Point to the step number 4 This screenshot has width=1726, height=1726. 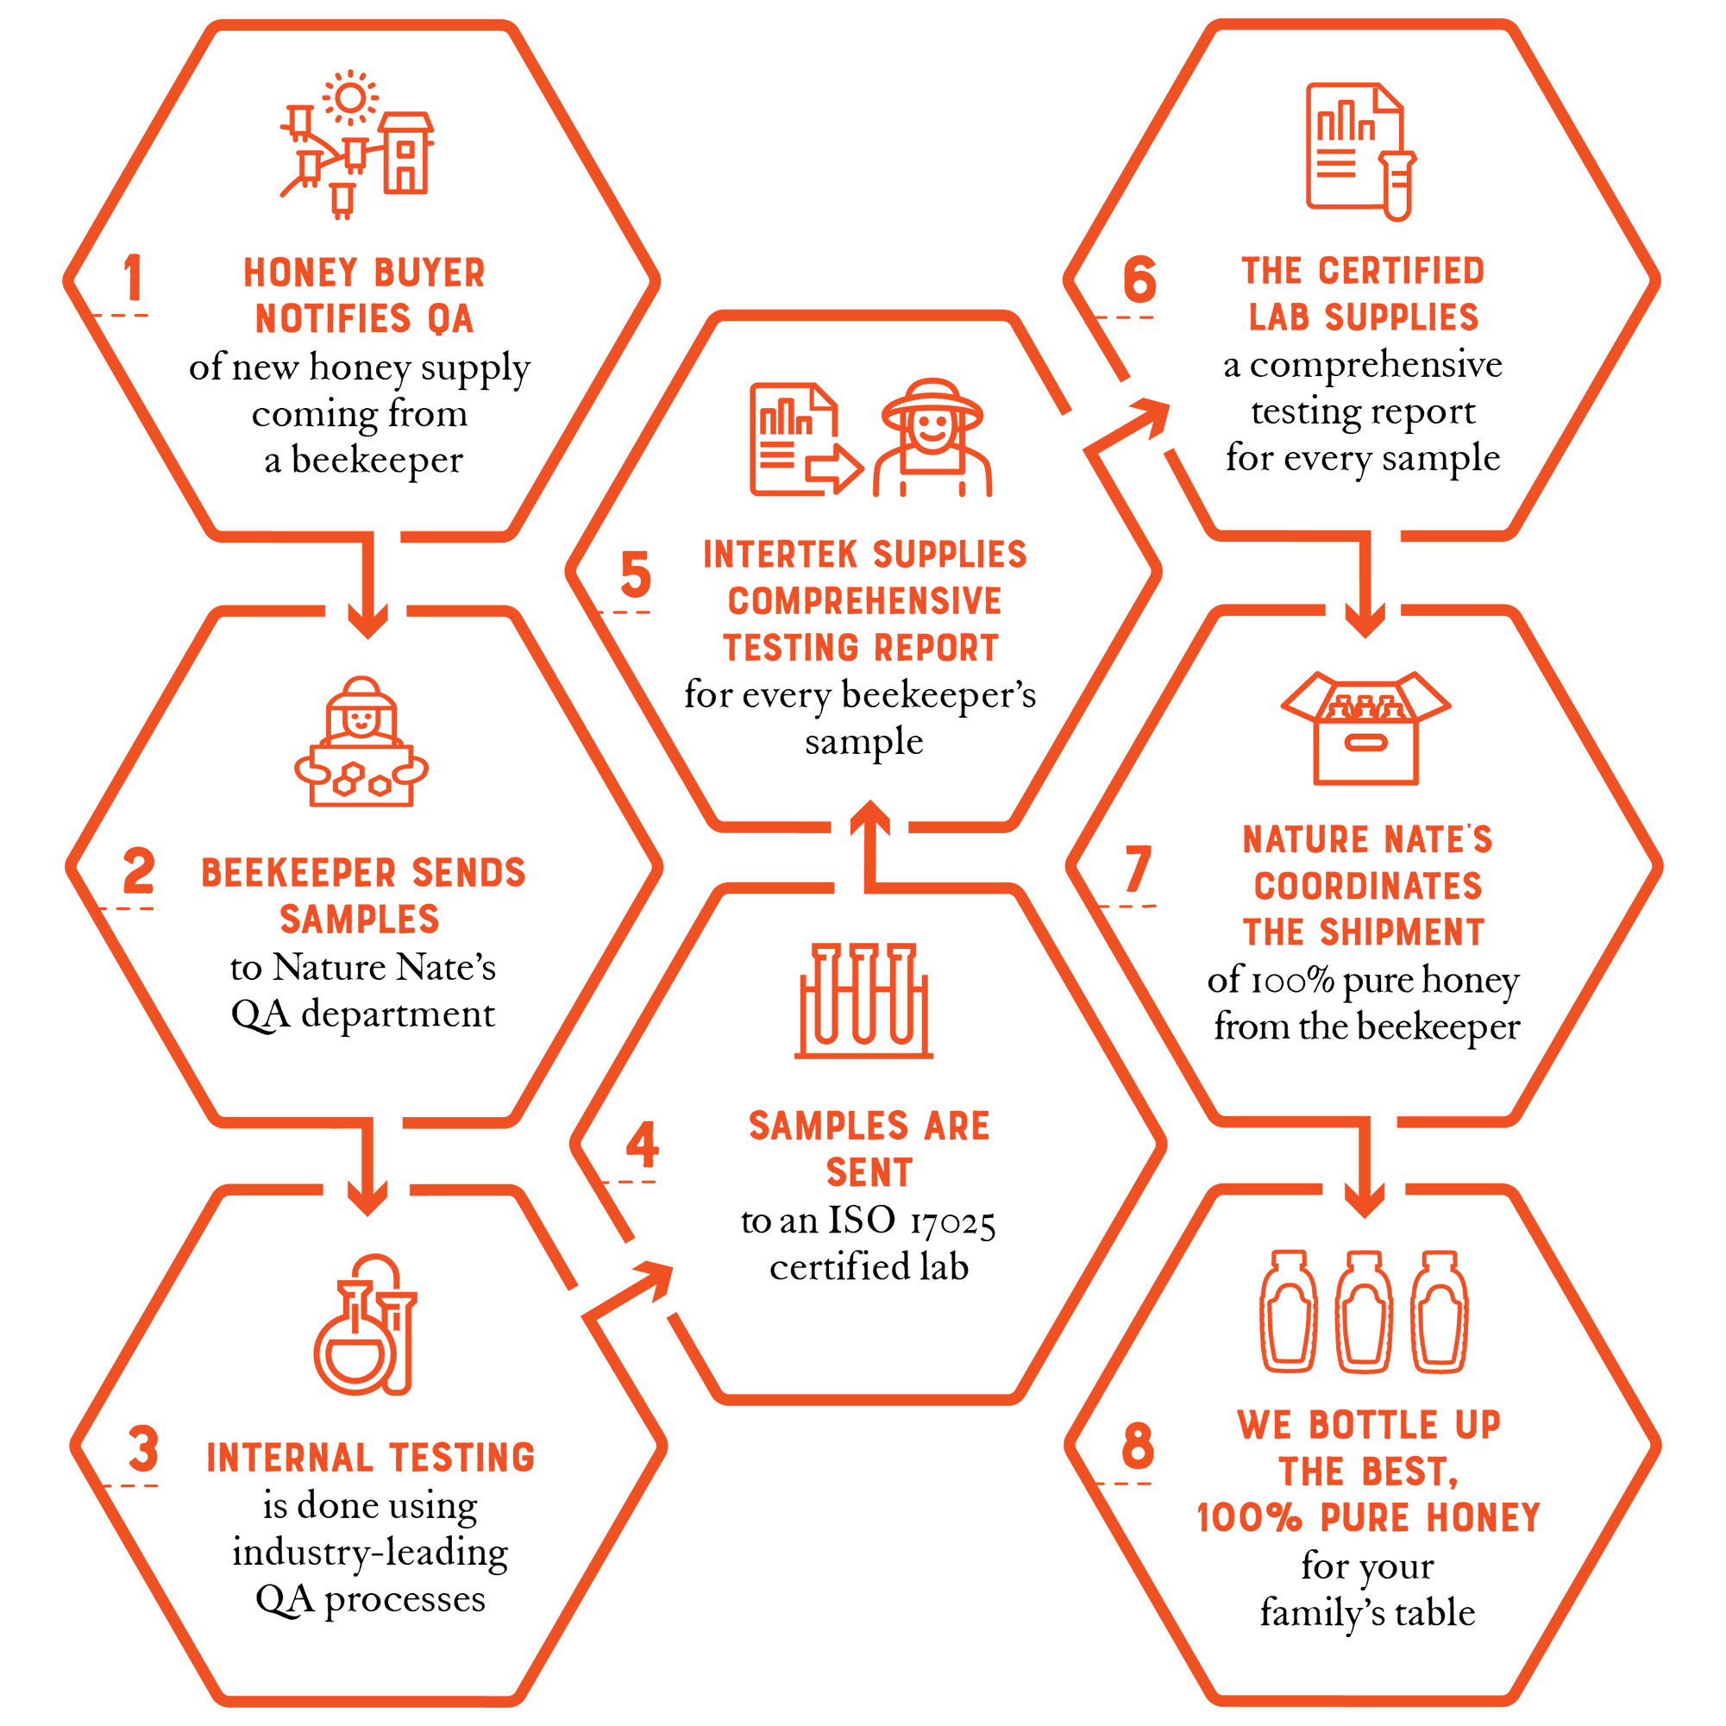point(643,1145)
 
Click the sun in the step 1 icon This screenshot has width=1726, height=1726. point(350,97)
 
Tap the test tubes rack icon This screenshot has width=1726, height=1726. point(863,1001)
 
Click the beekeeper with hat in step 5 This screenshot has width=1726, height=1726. point(932,438)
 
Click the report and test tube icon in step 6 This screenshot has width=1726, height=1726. point(1360,152)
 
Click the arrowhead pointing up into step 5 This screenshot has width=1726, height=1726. point(869,818)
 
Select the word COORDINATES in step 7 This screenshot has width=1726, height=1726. point(1368,886)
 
